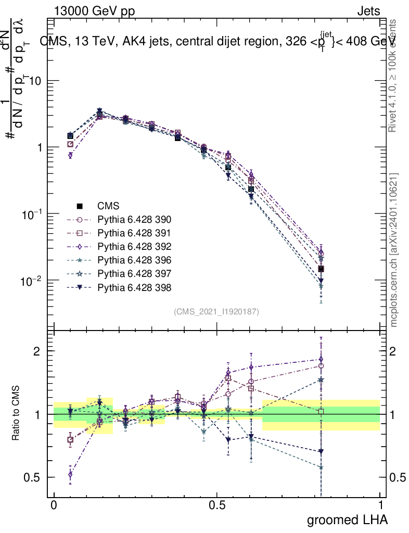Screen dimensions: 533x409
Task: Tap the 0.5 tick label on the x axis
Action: click(217, 505)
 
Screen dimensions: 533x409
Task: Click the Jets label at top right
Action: click(368, 11)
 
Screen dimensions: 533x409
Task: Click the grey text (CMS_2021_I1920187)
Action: click(216, 311)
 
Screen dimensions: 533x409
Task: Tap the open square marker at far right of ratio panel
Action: click(321, 412)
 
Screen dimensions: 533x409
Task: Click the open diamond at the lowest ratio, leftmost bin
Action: click(70, 474)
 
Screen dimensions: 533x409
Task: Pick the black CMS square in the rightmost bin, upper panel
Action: click(321, 269)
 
